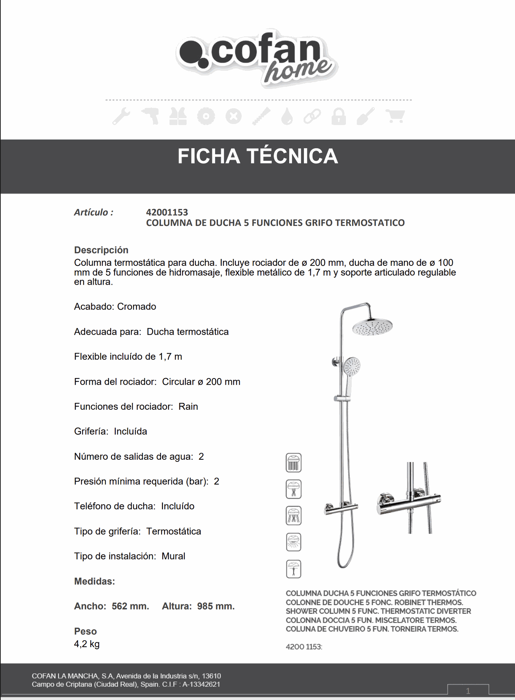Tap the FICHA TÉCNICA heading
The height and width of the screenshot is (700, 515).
pos(258,156)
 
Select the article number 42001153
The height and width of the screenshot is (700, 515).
pos(167,212)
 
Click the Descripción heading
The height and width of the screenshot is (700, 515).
pos(101,250)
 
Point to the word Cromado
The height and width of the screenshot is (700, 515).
pos(136,307)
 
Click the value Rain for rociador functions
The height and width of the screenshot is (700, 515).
pos(188,407)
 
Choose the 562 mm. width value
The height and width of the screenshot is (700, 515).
pos(130,606)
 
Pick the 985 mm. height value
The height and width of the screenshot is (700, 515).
pos(216,606)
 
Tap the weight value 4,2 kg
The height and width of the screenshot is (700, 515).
pos(87,644)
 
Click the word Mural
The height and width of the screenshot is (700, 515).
pos(173,556)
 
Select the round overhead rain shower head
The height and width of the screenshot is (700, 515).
pos(372,326)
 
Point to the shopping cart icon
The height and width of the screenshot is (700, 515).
pos(395,117)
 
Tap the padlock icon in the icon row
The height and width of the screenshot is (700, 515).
pos(339,117)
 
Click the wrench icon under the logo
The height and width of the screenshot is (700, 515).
pos(121,117)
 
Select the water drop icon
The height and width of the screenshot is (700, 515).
pos(287,117)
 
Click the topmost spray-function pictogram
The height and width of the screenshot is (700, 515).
pos(294,463)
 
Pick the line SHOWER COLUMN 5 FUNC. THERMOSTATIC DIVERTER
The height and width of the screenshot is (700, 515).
pos(378,611)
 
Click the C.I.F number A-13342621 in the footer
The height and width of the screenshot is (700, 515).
pos(201,684)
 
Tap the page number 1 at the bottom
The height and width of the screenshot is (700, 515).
pos(468,691)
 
